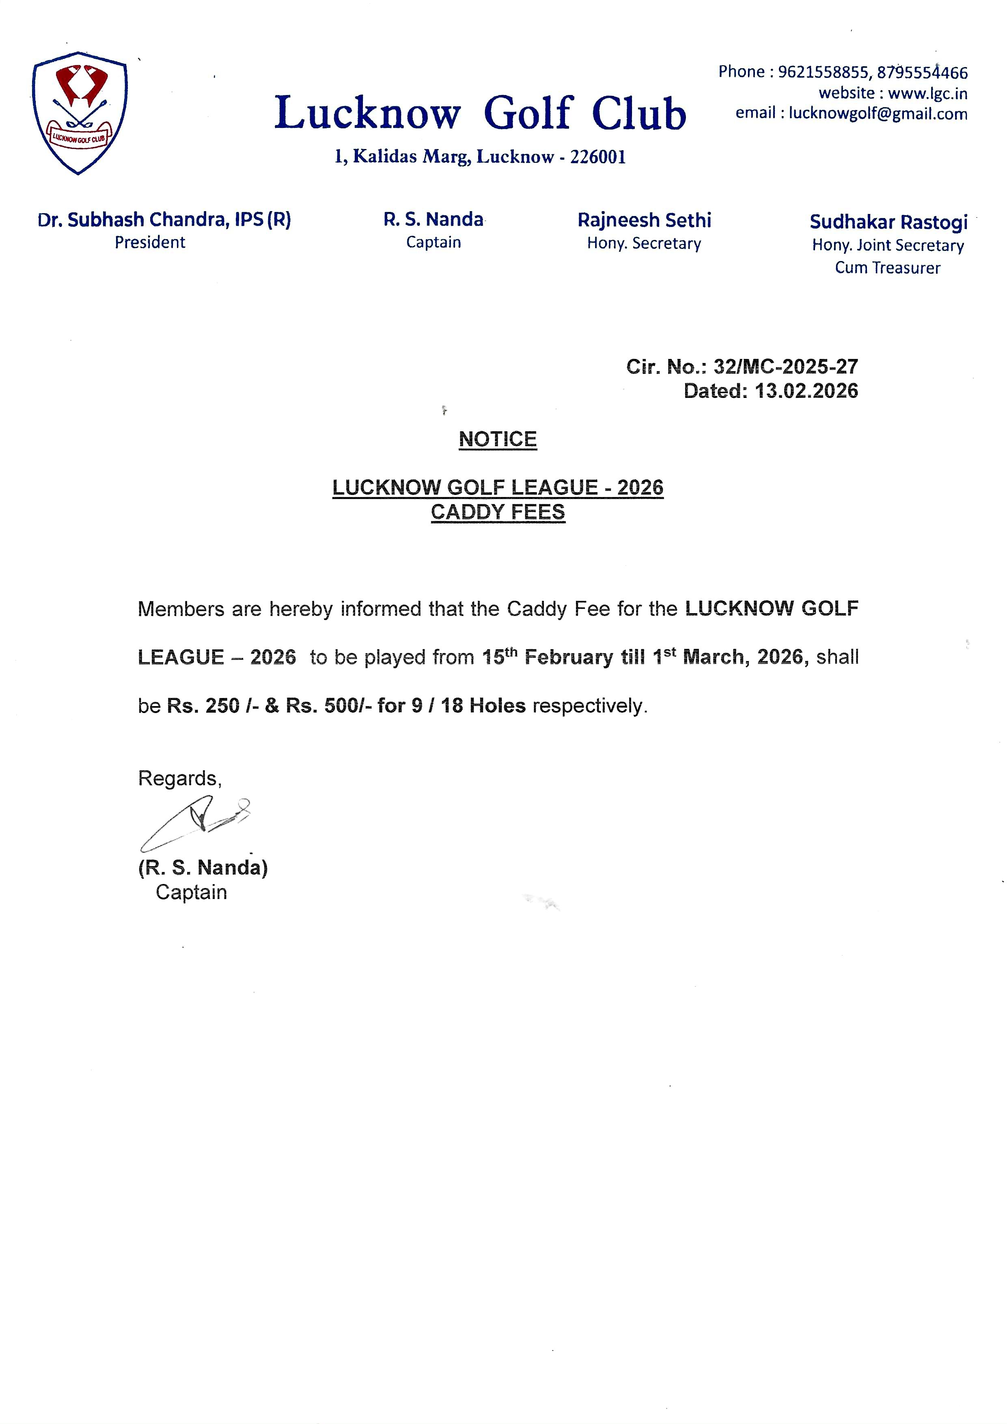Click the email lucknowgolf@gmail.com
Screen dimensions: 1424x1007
[x=878, y=114]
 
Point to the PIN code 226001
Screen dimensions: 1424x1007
[x=598, y=157]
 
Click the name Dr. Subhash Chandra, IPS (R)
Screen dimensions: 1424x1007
[x=164, y=220]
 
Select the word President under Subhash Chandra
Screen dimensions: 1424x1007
[x=150, y=242]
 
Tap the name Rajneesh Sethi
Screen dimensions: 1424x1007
[x=644, y=220]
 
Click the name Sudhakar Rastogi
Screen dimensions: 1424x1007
[x=888, y=222]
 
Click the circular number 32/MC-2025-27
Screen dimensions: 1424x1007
[x=786, y=367]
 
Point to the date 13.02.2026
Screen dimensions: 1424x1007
[x=806, y=391]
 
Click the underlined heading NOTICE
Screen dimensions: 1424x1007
[x=497, y=439]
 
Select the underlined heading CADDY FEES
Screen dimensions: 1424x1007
[x=498, y=512]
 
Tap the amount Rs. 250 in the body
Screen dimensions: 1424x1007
[x=203, y=706]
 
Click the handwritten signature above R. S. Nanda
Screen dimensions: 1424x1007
[x=195, y=823]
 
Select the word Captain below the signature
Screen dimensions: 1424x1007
[x=191, y=892]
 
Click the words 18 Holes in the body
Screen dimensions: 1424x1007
[x=483, y=706]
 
